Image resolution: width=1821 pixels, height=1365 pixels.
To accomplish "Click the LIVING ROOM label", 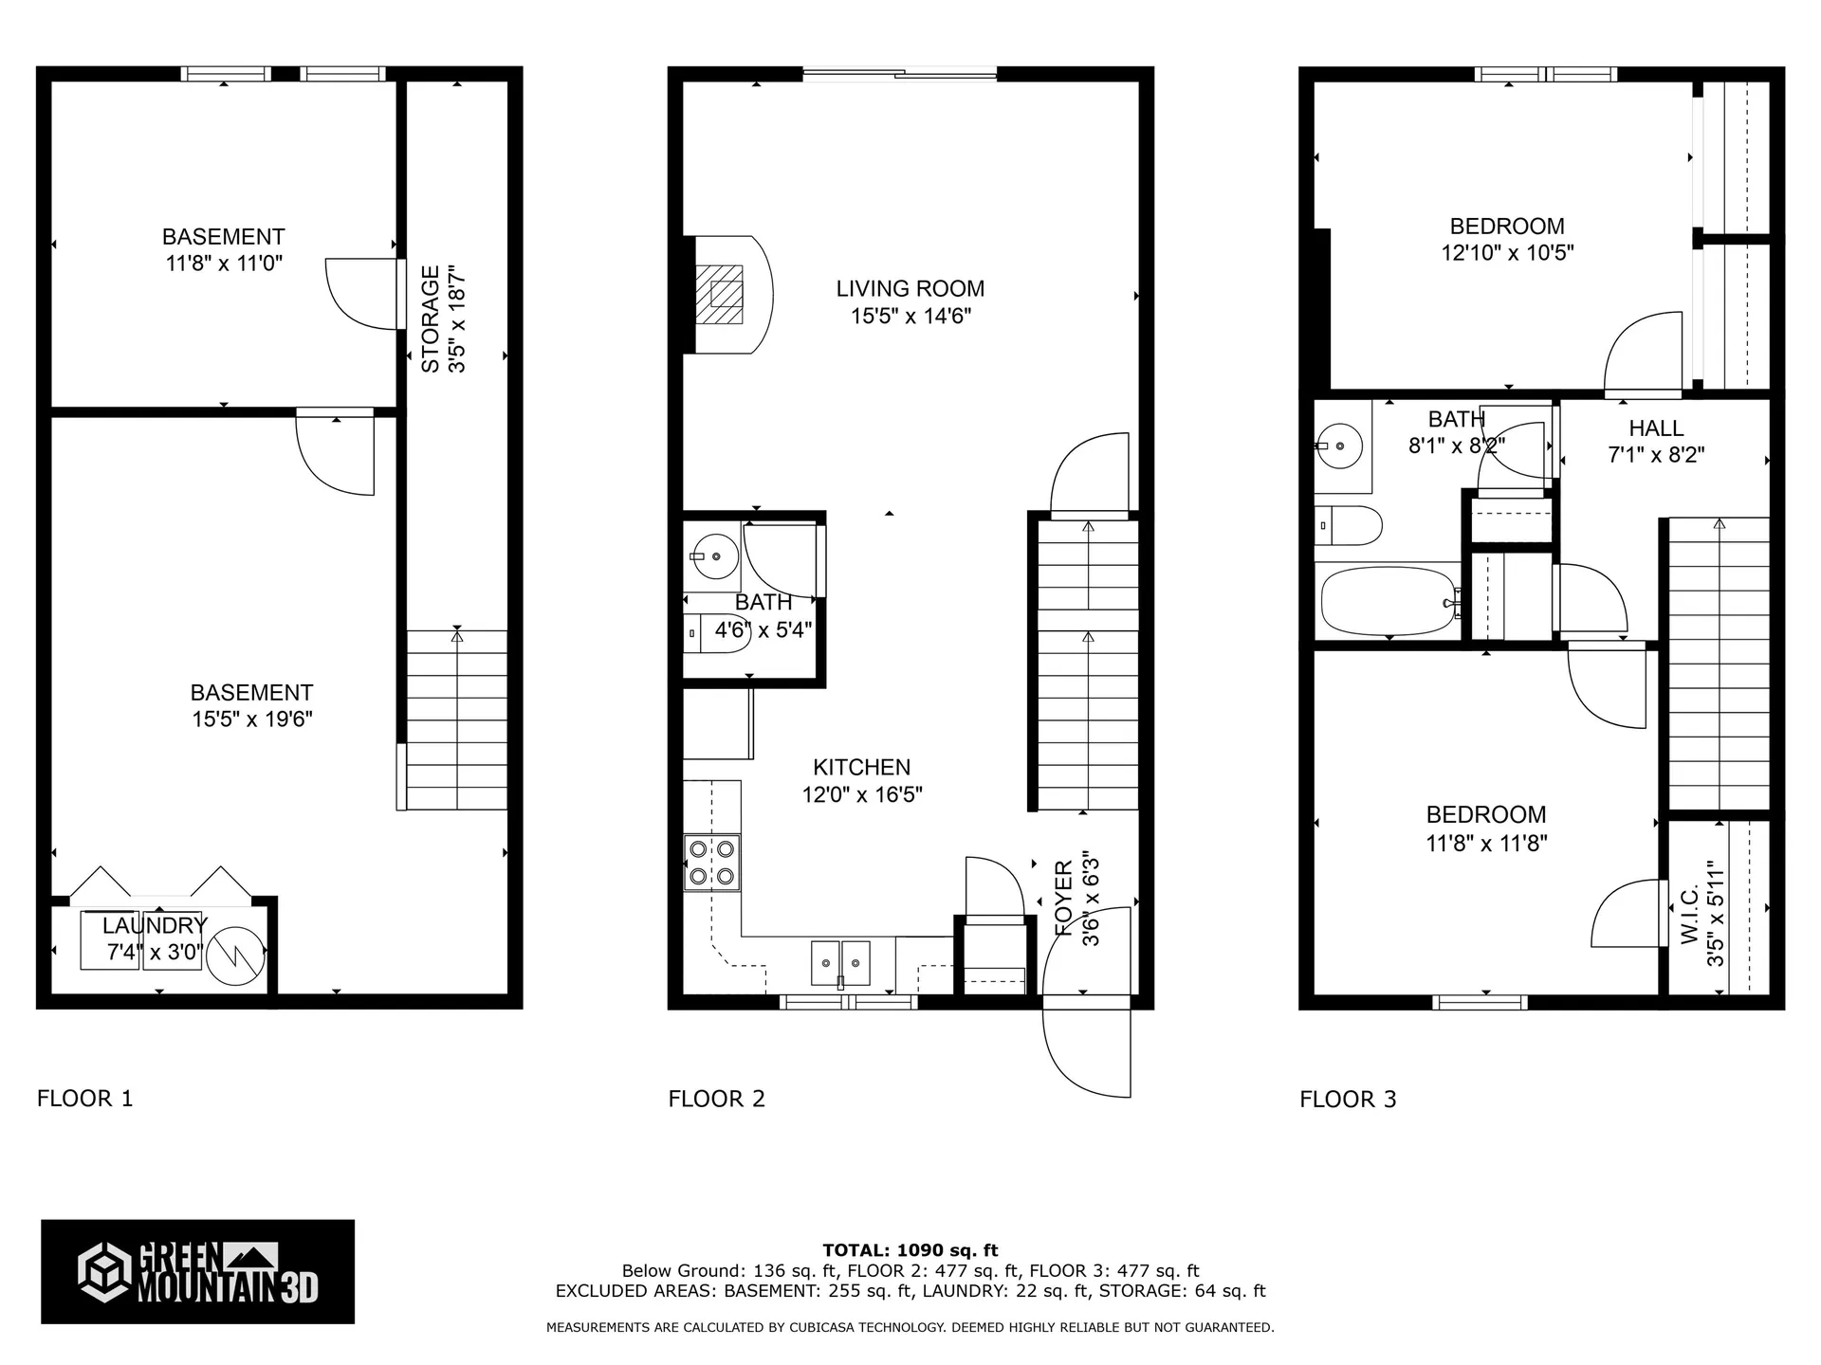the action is click(910, 288).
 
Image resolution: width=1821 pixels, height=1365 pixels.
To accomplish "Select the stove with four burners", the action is click(712, 863).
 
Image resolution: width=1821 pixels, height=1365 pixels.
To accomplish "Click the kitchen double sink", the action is click(840, 963).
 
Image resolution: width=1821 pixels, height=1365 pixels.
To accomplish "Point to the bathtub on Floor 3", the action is click(1389, 601).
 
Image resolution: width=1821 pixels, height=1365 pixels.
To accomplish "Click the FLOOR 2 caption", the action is click(716, 1099).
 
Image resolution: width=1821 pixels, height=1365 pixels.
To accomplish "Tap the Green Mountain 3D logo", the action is click(197, 1271).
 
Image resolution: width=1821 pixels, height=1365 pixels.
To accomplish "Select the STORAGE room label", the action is click(431, 318).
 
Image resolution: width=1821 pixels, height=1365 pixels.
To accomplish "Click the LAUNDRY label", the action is click(155, 925).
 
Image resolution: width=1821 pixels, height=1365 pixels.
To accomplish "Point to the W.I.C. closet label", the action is click(1689, 916).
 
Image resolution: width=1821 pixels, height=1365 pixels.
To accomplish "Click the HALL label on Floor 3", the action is click(1656, 428).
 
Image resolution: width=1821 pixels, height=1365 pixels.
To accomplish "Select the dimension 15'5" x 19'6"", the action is click(252, 719).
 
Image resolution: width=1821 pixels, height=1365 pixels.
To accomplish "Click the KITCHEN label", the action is click(861, 768).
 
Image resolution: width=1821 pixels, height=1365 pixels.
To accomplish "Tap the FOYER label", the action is click(1064, 898).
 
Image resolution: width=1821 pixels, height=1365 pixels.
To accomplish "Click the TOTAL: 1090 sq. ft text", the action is click(910, 1250).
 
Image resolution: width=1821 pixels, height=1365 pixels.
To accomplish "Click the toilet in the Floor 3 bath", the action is click(1349, 525).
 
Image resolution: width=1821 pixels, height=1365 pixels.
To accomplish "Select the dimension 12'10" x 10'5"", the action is click(1507, 253).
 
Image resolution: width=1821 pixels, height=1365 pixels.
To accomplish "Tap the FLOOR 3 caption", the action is click(1348, 1100).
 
